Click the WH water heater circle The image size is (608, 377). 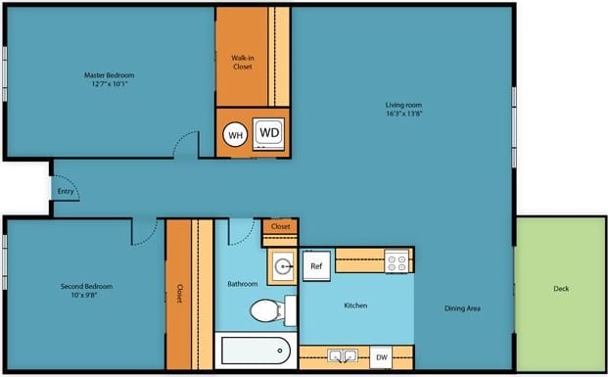tap(235, 135)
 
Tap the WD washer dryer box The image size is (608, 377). tap(269, 132)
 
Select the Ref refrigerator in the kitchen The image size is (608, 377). tap(316, 265)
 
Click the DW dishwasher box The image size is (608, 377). tap(382, 358)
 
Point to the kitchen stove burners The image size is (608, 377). tap(397, 260)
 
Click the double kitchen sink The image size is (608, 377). tap(343, 356)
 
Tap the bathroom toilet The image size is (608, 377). tap(265, 311)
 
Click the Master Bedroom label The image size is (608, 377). tap(108, 75)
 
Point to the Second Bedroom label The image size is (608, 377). tap(86, 286)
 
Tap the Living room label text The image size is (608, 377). tap(403, 105)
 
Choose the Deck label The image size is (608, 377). tap(561, 289)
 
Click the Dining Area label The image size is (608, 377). tap(462, 308)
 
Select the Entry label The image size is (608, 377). tap(66, 191)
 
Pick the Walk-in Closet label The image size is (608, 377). tap(243, 63)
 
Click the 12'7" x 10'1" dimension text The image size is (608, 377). tap(108, 84)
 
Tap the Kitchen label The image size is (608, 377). tap(355, 306)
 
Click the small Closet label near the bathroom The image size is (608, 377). tap(281, 226)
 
